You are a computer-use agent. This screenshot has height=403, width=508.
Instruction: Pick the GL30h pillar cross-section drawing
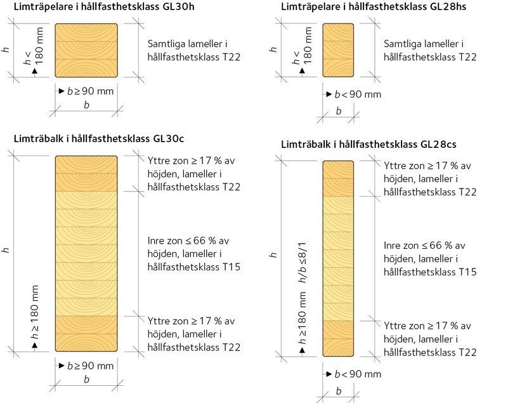pyautogui.click(x=86, y=50)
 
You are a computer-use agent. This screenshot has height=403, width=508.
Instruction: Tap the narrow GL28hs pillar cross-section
pyautogui.click(x=338, y=50)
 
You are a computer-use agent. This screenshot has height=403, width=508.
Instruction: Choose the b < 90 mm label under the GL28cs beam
pyautogui.click(x=358, y=374)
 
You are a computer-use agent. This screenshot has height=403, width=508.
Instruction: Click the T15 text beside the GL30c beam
pyautogui.click(x=226, y=267)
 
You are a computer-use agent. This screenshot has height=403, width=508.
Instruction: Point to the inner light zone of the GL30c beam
pyautogui.click(x=86, y=253)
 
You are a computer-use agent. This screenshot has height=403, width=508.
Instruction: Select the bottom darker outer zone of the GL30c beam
pyautogui.click(x=86, y=333)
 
